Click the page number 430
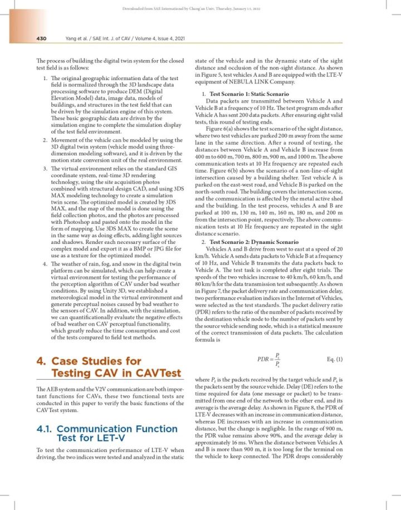[x=37, y=38]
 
